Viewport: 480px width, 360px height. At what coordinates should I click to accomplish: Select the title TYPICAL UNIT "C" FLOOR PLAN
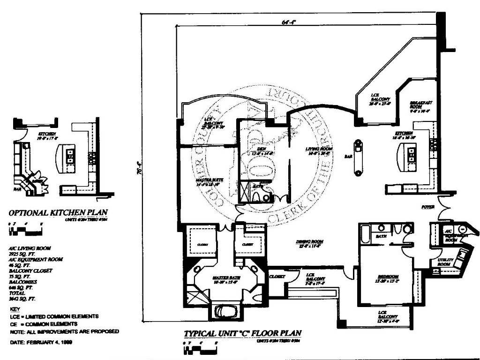[x=242, y=333]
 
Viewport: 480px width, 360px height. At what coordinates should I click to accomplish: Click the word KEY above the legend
[x=15, y=309]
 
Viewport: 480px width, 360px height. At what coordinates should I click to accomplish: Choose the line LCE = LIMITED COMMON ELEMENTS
[x=54, y=316]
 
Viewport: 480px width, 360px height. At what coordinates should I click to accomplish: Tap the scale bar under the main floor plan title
[x=199, y=347]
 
